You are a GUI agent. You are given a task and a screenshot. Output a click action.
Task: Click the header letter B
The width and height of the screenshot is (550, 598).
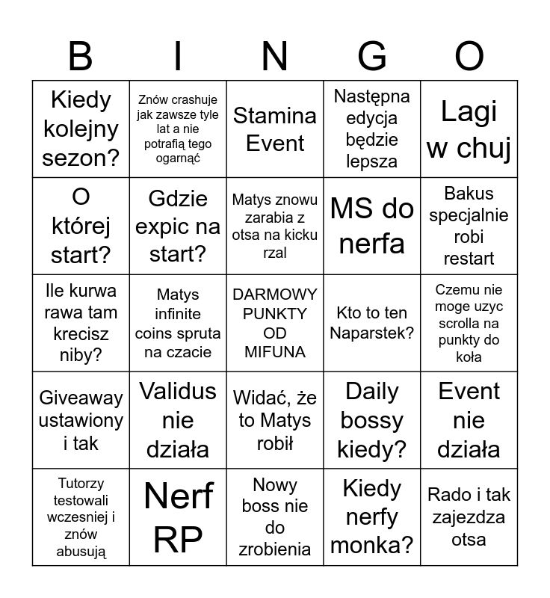point(81,56)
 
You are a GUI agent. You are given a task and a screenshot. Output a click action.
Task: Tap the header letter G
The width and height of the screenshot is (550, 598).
point(372,56)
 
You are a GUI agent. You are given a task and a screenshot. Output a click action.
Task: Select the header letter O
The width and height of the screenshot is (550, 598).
point(469,56)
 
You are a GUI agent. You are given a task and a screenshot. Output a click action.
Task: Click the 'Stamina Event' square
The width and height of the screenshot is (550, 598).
point(275,129)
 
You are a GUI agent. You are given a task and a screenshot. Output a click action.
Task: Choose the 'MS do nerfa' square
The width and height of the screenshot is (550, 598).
point(372,226)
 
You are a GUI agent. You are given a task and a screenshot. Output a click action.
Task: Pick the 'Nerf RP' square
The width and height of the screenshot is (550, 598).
point(178,517)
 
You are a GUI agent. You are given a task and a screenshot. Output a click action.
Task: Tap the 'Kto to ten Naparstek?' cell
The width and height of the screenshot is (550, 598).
point(372,323)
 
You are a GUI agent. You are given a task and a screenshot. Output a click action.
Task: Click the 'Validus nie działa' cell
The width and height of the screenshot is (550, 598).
point(178,420)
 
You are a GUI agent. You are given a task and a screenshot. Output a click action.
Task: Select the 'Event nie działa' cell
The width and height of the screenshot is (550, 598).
point(469,420)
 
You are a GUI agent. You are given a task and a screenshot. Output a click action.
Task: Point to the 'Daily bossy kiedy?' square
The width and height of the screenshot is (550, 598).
point(372,420)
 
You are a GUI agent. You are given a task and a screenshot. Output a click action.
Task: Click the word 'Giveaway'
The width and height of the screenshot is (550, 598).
point(81,398)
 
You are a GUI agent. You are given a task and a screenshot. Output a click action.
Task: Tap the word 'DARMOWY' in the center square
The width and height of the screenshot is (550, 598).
point(275,295)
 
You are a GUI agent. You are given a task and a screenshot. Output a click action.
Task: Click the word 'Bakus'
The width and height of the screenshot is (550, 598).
point(469,194)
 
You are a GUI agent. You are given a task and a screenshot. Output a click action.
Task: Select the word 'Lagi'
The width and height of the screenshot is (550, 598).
point(469,111)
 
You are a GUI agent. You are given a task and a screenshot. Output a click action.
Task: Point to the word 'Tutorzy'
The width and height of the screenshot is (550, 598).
point(81,484)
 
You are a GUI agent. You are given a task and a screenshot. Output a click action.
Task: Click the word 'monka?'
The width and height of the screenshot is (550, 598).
point(372,546)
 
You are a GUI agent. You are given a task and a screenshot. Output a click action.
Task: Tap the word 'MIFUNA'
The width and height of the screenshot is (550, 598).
point(275,352)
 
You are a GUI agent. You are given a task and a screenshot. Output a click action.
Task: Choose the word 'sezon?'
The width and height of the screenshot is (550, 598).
point(81,158)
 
